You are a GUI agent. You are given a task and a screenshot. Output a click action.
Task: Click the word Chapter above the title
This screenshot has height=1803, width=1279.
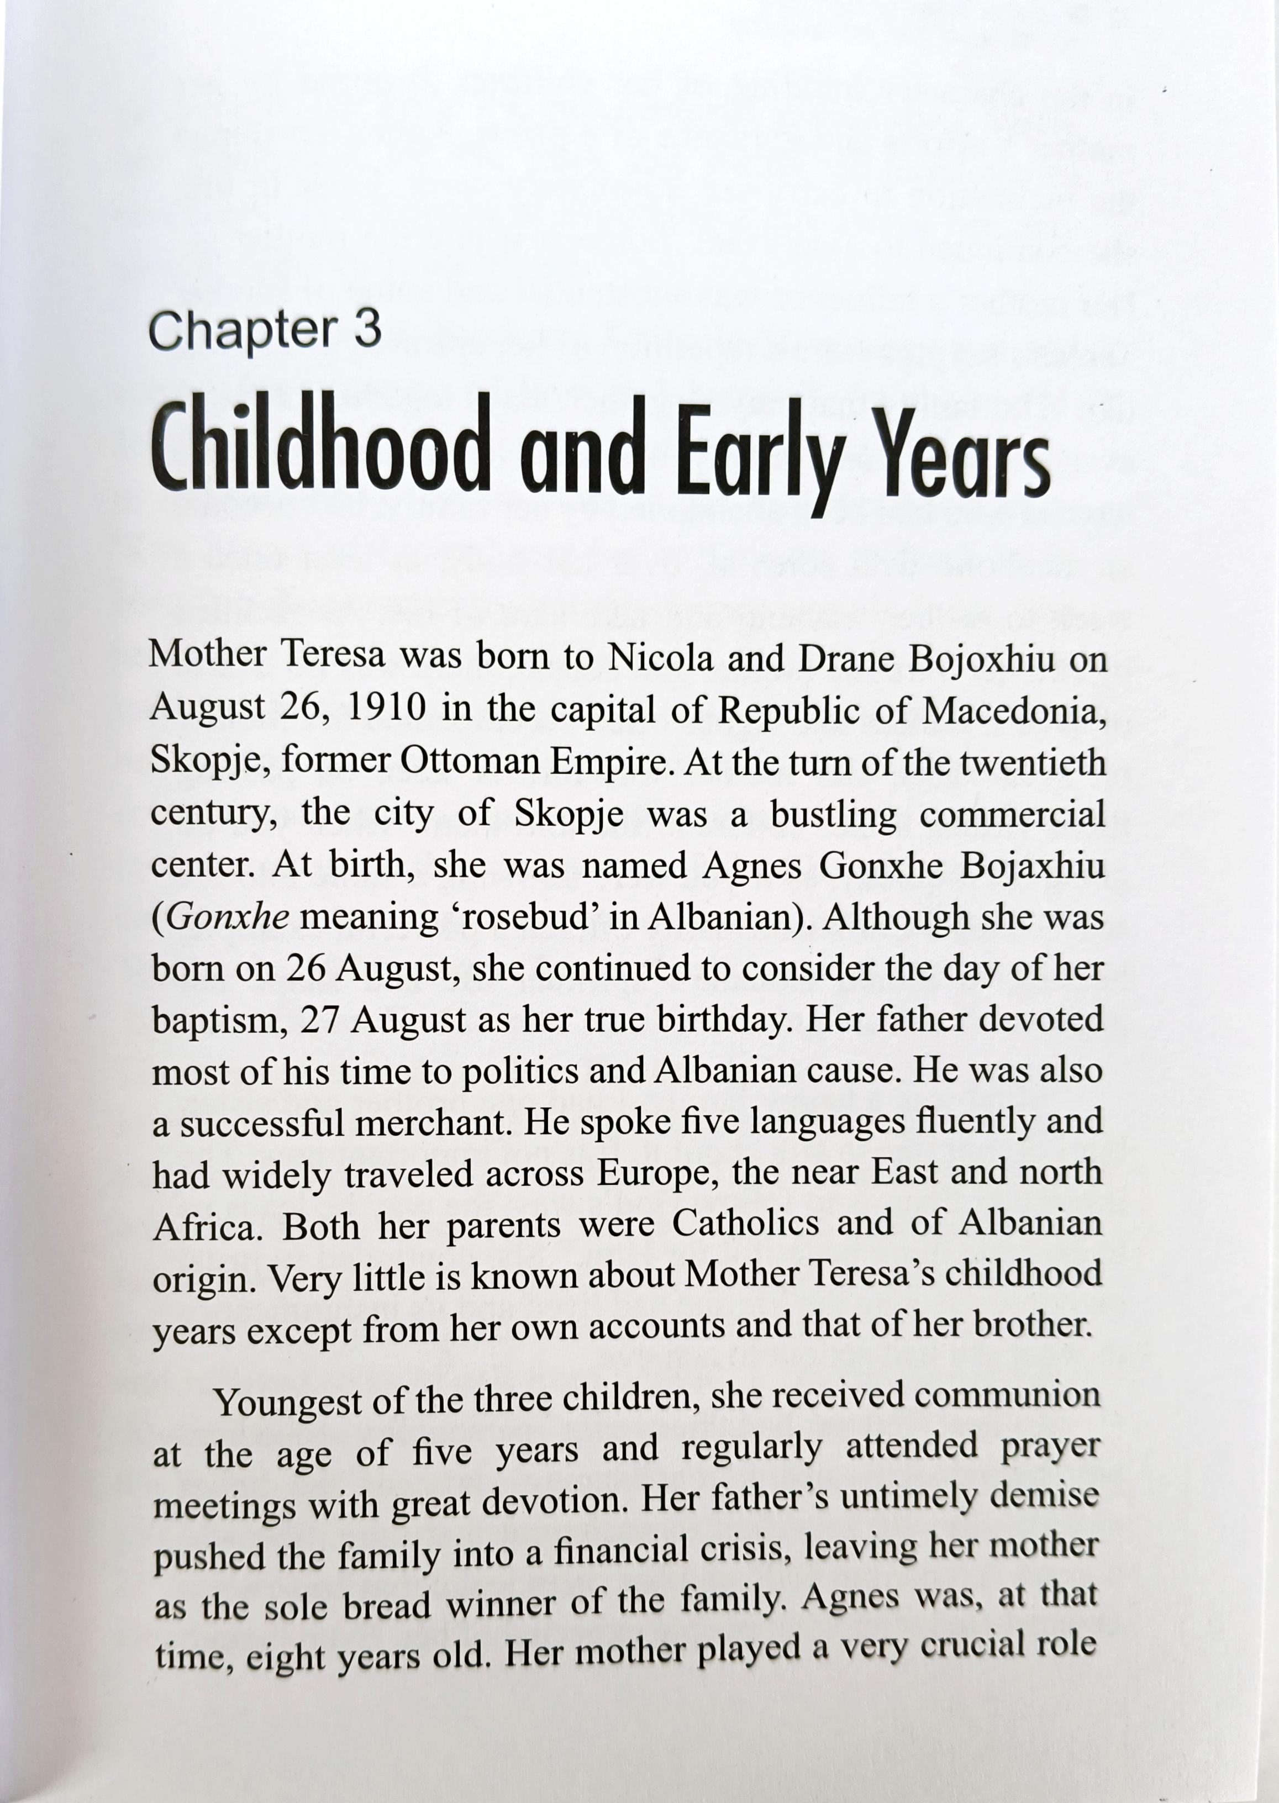(241, 331)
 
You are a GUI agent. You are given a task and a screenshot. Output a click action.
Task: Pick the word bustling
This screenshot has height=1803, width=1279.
(833, 814)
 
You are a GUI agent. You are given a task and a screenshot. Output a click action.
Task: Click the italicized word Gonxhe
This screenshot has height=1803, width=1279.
(228, 918)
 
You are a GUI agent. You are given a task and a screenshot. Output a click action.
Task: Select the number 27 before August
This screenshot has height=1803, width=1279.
(320, 1021)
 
